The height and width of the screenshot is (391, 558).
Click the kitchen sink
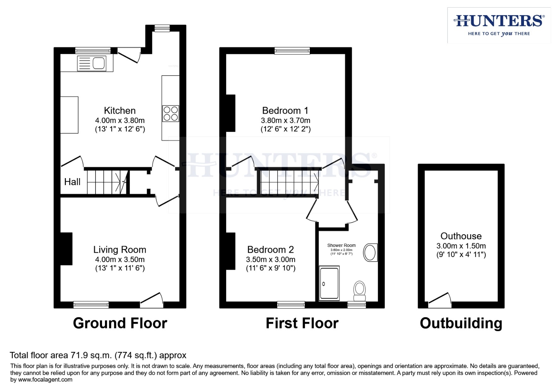[x=92, y=63]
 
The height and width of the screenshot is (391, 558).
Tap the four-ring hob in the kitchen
[x=170, y=113]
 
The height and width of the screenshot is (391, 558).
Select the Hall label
[x=72, y=182]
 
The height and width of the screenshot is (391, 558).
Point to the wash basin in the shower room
[x=370, y=252]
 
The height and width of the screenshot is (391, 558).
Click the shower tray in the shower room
[x=329, y=283]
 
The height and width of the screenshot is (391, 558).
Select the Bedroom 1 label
[x=285, y=110]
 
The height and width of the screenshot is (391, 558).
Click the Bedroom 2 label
[x=270, y=249]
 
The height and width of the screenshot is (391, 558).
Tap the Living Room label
[x=120, y=249]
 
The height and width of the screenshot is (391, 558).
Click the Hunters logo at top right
[x=499, y=25]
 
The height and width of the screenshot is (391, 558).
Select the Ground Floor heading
[x=120, y=323]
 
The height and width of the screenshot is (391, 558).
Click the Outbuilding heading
[x=461, y=323]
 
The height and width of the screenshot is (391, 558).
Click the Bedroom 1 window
[x=292, y=51]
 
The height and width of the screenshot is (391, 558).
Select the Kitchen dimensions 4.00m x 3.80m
[x=120, y=121]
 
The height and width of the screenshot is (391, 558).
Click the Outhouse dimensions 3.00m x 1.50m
[x=461, y=246]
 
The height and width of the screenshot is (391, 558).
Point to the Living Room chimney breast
[x=66, y=248]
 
